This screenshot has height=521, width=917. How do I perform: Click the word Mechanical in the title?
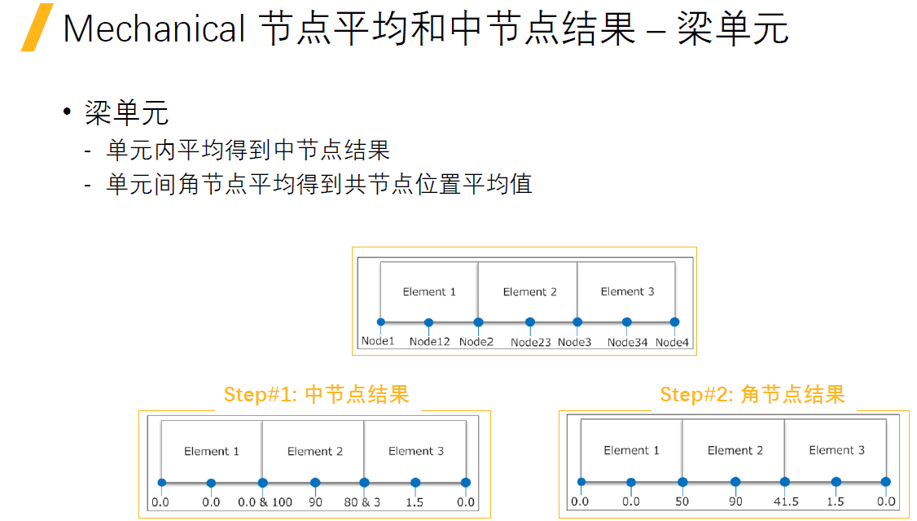(154, 28)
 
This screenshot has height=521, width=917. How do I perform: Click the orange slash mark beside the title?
(37, 28)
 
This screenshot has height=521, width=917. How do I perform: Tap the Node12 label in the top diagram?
(429, 341)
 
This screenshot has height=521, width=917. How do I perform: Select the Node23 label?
(530, 342)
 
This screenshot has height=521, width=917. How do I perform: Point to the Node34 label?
(627, 342)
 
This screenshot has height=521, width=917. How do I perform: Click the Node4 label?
(672, 342)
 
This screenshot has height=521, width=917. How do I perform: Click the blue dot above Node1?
(380, 322)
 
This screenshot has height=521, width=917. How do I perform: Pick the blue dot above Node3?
(577, 322)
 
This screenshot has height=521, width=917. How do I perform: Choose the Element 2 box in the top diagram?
(528, 291)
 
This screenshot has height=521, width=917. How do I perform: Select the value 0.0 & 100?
(265, 502)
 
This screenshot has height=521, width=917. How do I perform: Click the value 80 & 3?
(362, 502)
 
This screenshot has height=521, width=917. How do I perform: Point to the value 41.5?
(786, 501)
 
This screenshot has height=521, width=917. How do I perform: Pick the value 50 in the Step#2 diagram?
(682, 501)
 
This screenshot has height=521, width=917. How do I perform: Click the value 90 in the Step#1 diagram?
(315, 502)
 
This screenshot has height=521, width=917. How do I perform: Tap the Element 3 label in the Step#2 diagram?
(836, 450)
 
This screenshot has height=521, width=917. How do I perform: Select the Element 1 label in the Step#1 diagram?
(211, 452)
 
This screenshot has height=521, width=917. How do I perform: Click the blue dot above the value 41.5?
(785, 482)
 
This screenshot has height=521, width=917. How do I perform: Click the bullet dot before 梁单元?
(67, 112)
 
